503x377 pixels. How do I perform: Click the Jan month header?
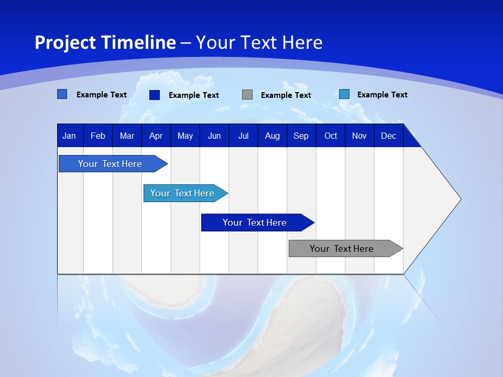coord(69,136)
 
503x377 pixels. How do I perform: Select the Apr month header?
coord(156,136)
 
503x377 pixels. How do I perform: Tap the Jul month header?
coord(243,136)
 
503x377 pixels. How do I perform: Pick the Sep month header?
coord(301,136)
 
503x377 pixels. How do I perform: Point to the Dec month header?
coord(388,136)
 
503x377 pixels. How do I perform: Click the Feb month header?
coord(98,136)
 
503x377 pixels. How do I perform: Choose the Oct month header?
coord(331,136)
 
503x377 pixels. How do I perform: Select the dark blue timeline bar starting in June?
coord(255,223)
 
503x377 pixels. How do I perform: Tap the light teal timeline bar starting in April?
coord(183,193)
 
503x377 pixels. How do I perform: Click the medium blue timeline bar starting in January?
coord(110,164)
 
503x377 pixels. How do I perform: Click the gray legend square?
coord(247,95)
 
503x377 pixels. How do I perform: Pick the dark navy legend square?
coord(155,95)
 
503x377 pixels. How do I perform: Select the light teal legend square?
coord(344,94)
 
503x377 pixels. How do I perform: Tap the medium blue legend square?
coord(62,94)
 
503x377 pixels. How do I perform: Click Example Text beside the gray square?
coord(286,95)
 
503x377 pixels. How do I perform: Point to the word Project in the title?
coord(64,42)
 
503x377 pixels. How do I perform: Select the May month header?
coord(185,136)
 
